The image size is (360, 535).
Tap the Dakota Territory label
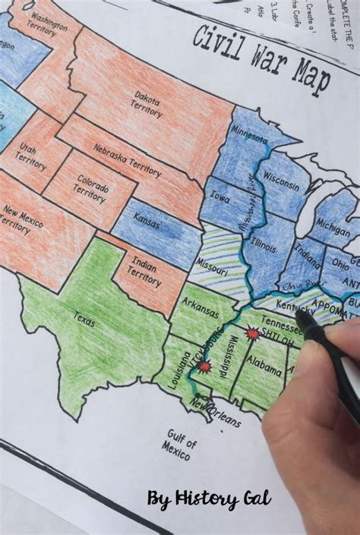click(147, 105)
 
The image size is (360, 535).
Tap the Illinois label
click(264, 245)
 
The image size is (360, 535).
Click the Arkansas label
click(201, 312)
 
